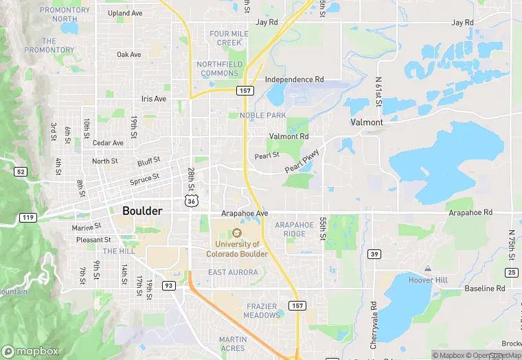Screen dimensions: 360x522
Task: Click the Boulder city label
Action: coord(142,211)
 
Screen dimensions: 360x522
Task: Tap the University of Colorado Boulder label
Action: coord(237,248)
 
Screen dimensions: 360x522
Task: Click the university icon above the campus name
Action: coord(237,232)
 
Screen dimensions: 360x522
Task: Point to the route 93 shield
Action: coord(168,285)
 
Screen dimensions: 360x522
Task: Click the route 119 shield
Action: coord(27,218)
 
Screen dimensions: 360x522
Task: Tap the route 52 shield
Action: coord(21,171)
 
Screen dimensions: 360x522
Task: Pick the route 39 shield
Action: coord(374,254)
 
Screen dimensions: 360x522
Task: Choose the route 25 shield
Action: coord(512,273)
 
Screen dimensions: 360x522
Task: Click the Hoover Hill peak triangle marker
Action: coord(428,268)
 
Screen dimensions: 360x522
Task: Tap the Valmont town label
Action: coord(367,122)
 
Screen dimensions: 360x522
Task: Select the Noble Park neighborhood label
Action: coord(262,115)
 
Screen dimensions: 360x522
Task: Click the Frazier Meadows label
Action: coord(262,311)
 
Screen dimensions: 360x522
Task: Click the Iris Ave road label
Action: coord(154,99)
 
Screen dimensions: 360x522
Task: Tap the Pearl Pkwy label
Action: coord(302,160)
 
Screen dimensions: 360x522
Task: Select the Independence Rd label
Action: coord(294,80)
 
